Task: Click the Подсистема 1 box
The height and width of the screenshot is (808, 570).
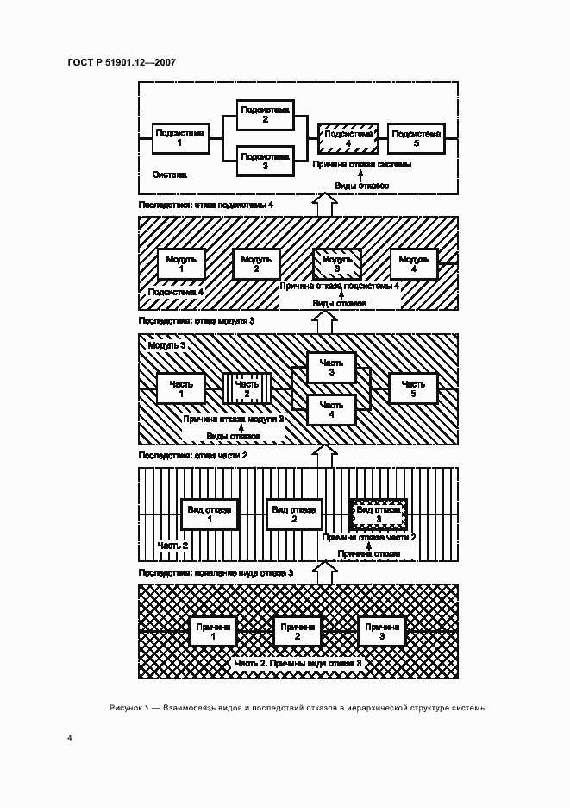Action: coord(179,137)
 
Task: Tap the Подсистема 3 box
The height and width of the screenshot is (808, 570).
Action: coord(266,161)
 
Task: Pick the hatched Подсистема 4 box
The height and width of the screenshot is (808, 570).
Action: coord(348,137)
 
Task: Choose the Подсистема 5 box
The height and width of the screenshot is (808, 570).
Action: coord(417,137)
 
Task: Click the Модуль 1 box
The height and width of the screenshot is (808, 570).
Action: coord(181,263)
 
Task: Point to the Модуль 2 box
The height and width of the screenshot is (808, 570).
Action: coord(256,263)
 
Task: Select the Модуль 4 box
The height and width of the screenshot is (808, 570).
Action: coord(415,263)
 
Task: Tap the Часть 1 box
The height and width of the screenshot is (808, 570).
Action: coord(181,388)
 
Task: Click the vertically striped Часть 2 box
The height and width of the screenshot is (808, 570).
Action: coord(247,388)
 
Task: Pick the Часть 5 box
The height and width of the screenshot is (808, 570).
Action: coord(413,388)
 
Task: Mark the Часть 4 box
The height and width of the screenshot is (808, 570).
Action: coord(331,409)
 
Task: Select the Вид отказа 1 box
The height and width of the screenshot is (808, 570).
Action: coord(209,514)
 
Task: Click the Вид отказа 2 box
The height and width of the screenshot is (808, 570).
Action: coord(294,514)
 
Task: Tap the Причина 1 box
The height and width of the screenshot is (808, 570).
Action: coord(212,631)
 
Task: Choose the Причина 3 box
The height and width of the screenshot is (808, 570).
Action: coord(382,631)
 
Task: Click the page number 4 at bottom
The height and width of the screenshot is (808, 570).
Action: coord(70,737)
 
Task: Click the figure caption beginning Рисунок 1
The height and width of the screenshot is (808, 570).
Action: coord(298,707)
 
